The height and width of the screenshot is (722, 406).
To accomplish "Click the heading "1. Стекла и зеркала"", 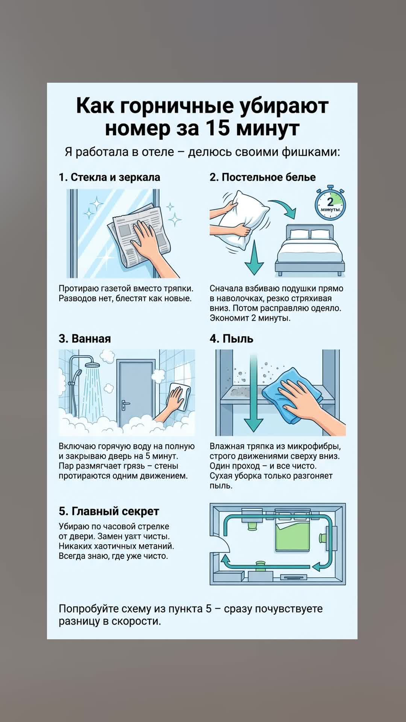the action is pyautogui.click(x=109, y=177).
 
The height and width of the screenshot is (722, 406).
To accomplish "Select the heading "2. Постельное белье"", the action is pyautogui.click(x=262, y=177).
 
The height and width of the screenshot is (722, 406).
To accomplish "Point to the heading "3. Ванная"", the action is pyautogui.click(x=85, y=338).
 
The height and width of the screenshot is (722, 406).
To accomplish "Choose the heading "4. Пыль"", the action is pyautogui.click(x=231, y=338).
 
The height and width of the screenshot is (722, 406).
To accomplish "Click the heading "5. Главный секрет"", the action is pyautogui.click(x=109, y=511).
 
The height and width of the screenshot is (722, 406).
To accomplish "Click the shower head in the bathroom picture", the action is pyautogui.click(x=91, y=364).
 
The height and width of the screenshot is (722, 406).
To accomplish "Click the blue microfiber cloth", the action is pyautogui.click(x=292, y=391).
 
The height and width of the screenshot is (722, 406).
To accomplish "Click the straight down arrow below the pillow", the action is pyautogui.click(x=254, y=258).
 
